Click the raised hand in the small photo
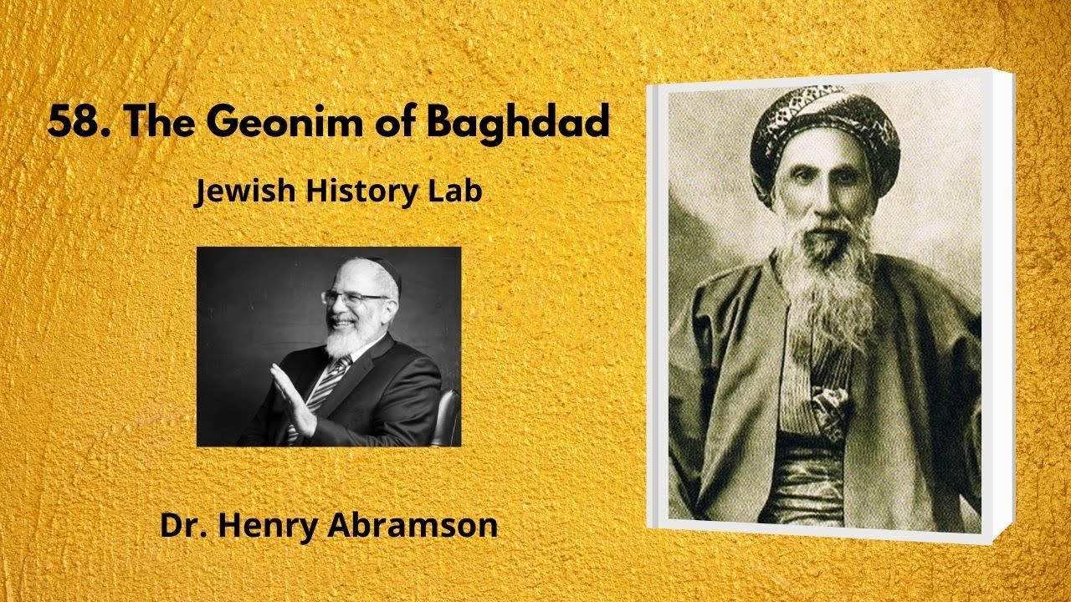point(294,400)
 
